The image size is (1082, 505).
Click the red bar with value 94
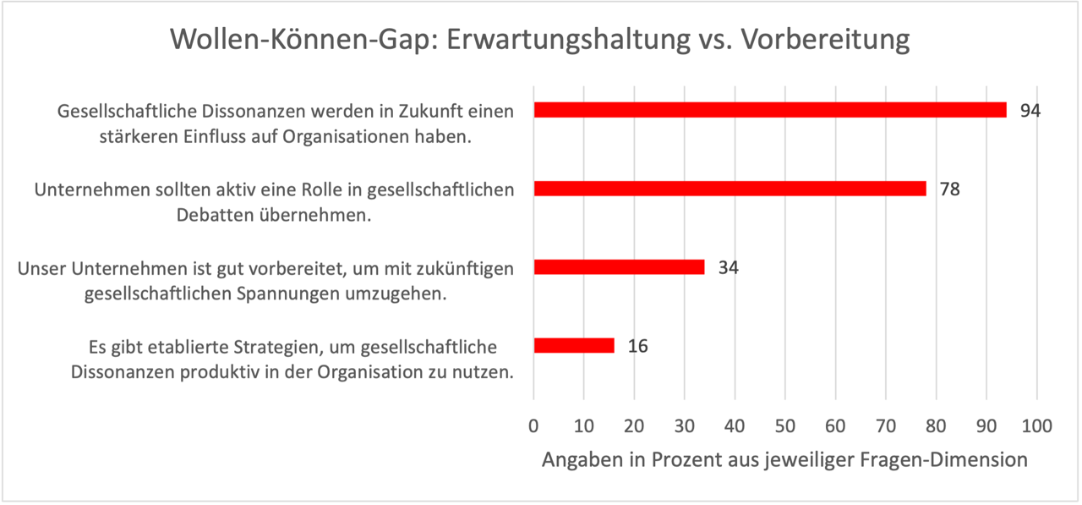(x=769, y=110)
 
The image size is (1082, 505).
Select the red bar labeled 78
(x=730, y=189)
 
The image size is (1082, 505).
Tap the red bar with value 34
(x=619, y=267)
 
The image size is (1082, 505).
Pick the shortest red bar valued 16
(x=574, y=345)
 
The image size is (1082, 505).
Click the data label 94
(x=1030, y=111)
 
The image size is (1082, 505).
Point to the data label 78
(x=949, y=189)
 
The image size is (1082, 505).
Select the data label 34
(x=728, y=267)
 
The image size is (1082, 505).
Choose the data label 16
(x=637, y=346)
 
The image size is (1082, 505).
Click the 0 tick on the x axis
(x=533, y=425)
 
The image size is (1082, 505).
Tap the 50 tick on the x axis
(x=785, y=425)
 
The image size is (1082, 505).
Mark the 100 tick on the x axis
(x=1036, y=425)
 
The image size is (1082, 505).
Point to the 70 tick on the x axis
(x=886, y=425)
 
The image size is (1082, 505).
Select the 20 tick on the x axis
(x=634, y=425)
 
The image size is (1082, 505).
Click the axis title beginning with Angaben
(x=784, y=460)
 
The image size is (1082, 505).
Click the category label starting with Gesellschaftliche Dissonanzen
(x=285, y=124)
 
